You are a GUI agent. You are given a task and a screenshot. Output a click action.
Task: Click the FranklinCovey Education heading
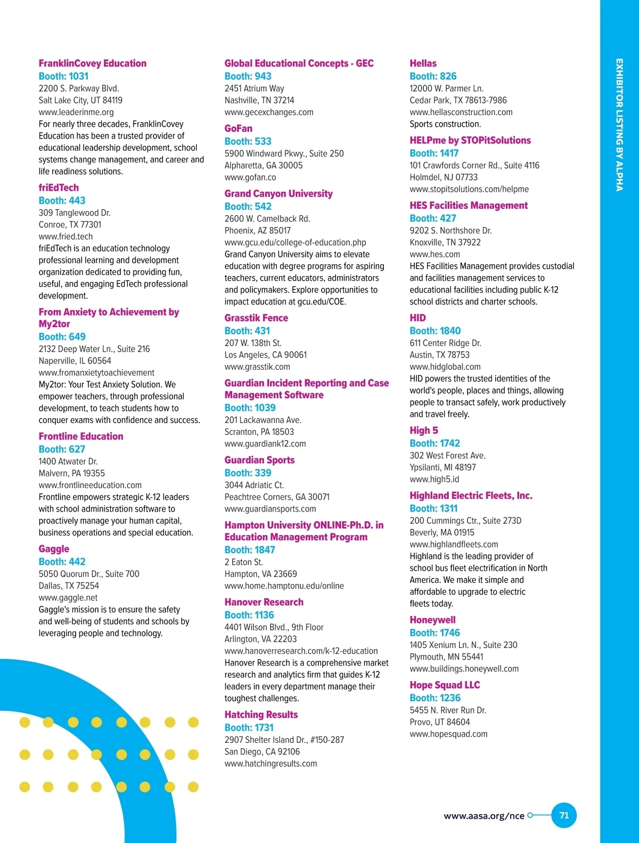pyautogui.click(x=92, y=63)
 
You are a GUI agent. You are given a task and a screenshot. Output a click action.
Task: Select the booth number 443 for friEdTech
pyautogui.click(x=62, y=200)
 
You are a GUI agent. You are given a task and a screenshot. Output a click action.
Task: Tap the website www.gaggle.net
pyautogui.click(x=68, y=598)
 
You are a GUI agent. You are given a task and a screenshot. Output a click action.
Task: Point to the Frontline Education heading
pyautogui.click(x=81, y=436)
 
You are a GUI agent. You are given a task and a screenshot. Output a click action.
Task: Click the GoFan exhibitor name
pyautogui.click(x=239, y=128)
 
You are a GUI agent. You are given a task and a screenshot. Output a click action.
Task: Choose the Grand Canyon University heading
pyautogui.click(x=278, y=193)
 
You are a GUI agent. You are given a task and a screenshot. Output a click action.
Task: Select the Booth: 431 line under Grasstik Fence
pyautogui.click(x=247, y=331)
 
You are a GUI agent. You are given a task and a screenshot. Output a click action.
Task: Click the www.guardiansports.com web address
pyautogui.click(x=270, y=509)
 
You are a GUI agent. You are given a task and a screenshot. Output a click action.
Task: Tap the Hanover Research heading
pyautogui.click(x=264, y=602)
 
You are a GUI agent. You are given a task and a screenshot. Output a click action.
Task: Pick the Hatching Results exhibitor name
pyautogui.click(x=261, y=715)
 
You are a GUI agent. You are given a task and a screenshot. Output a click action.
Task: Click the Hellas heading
pyautogui.click(x=423, y=63)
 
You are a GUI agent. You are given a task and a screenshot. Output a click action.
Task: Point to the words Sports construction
pyautogui.click(x=445, y=124)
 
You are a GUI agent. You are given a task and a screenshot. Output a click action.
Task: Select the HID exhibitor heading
pyautogui.click(x=417, y=318)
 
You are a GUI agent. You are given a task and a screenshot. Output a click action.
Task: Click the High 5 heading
pyautogui.click(x=424, y=431)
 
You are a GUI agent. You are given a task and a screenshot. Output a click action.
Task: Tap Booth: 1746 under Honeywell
pyautogui.click(x=435, y=633)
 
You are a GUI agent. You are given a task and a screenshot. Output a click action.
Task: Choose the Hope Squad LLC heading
pyautogui.click(x=445, y=685)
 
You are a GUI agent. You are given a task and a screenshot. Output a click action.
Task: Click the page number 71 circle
pyautogui.click(x=564, y=815)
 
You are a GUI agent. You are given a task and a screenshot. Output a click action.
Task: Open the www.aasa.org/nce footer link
pyautogui.click(x=484, y=816)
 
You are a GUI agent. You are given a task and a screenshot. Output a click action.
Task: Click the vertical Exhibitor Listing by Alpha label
pyautogui.click(x=619, y=125)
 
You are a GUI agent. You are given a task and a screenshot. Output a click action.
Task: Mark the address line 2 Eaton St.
pyautogui.click(x=244, y=562)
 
